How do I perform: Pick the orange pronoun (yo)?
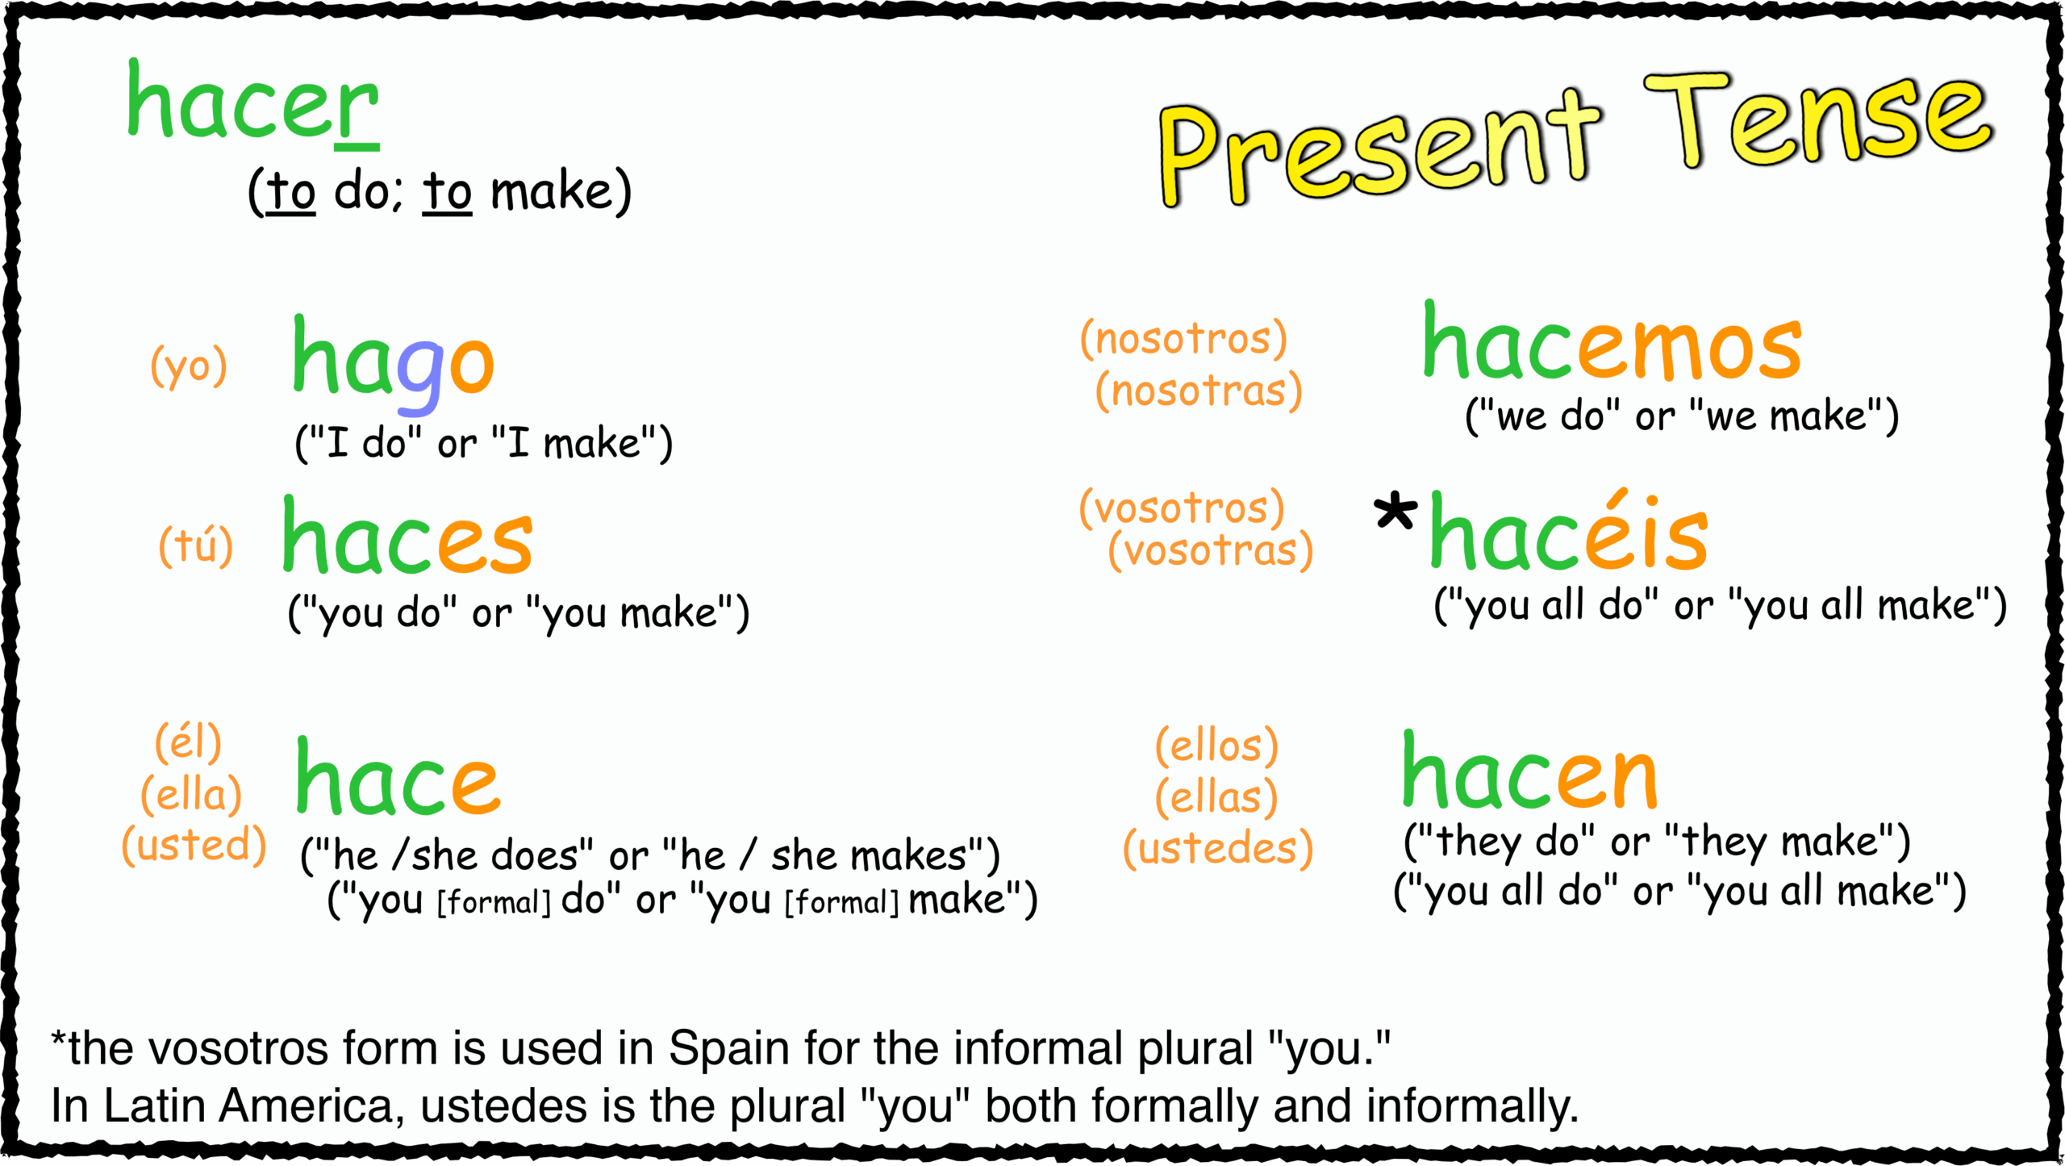189,367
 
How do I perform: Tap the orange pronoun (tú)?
196,546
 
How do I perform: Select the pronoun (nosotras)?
1199,391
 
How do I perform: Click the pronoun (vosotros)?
1182,508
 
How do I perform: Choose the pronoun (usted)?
194,846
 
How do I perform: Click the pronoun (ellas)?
1216,797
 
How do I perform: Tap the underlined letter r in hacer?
357,109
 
